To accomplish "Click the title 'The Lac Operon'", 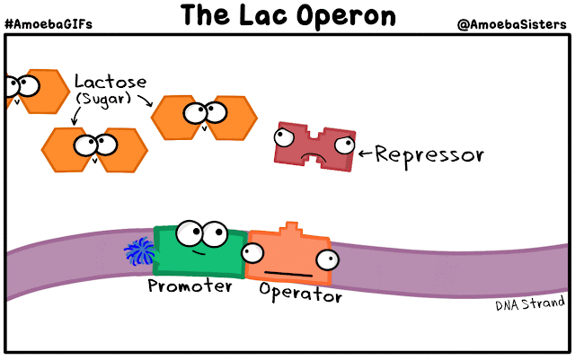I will (x=287, y=15).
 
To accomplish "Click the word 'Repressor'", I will (x=429, y=155).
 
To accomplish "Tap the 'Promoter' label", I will (x=190, y=286).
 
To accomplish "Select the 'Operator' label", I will (x=300, y=294).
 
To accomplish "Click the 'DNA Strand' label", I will (x=529, y=304).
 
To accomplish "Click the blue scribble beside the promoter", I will (x=139, y=254).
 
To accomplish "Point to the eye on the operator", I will (x=326, y=260).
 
